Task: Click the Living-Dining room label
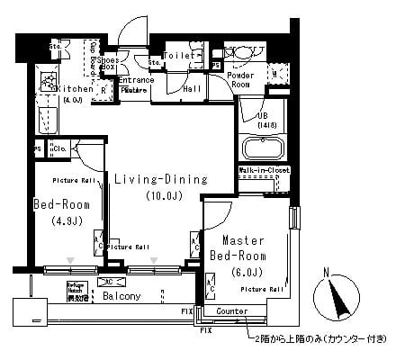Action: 160,179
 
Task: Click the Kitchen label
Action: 74,89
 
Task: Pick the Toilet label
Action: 176,55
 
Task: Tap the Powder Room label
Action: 239,80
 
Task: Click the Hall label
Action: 192,89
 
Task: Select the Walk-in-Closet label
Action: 262,169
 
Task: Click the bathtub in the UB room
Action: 262,148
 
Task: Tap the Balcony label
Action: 120,295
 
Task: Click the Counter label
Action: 231,310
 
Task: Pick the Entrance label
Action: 136,80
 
